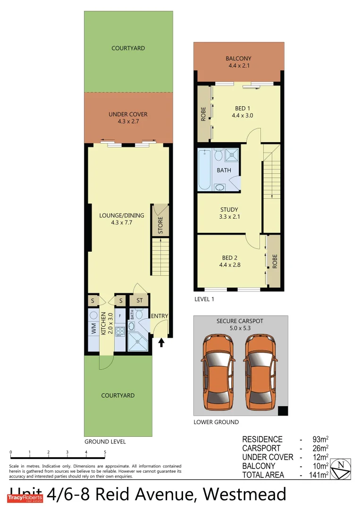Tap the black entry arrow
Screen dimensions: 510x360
(161, 342)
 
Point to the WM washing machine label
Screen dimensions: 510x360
(93, 329)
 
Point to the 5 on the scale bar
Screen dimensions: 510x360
(105, 452)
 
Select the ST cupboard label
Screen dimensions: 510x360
(140, 300)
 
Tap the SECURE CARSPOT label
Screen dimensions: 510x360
(240, 321)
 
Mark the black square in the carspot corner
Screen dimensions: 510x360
(282, 411)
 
